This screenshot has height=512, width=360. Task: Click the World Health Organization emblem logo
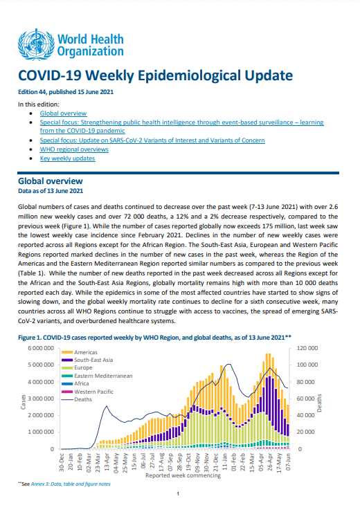click(x=36, y=44)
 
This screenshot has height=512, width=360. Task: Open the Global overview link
click(x=64, y=113)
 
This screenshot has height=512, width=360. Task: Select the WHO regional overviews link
click(x=74, y=149)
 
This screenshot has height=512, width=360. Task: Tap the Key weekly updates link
click(x=68, y=158)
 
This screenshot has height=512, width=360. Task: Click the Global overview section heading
click(x=51, y=181)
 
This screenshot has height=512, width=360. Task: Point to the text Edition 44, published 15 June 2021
click(x=66, y=92)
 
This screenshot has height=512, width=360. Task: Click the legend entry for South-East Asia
click(x=87, y=360)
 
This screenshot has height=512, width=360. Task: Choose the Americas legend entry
click(x=80, y=352)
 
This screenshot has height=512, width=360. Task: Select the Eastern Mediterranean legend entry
click(x=97, y=376)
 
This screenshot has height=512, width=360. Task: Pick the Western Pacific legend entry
click(x=87, y=392)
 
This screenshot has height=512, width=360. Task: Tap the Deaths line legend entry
click(x=77, y=399)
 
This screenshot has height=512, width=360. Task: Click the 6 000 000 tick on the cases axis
click(x=41, y=348)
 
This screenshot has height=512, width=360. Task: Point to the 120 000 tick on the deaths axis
click(x=307, y=348)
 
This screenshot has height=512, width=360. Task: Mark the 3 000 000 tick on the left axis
click(x=41, y=399)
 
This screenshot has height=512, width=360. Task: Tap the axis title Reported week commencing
click(x=183, y=475)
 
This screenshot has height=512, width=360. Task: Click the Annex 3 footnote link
click(x=71, y=484)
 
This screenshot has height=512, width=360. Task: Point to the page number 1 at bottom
click(x=178, y=494)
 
